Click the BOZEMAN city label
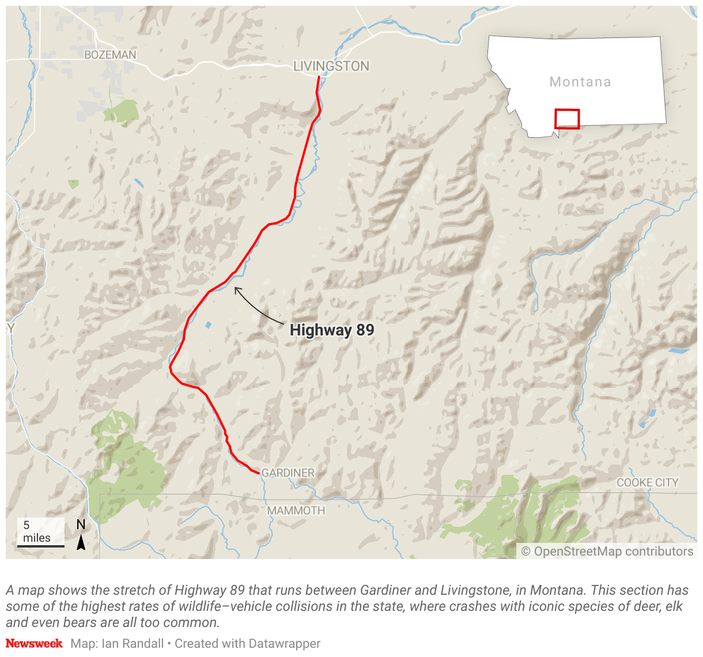(110, 55)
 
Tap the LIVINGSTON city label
(331, 66)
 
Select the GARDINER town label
(288, 473)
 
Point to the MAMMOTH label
(296, 511)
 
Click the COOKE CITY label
(648, 482)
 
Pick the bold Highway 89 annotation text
(332, 330)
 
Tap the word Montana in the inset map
(580, 82)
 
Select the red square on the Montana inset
(566, 119)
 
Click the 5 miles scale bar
(40, 545)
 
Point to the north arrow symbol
(81, 542)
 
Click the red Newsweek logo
(34, 643)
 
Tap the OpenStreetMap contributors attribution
(607, 552)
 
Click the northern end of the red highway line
(319, 77)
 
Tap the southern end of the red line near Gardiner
(258, 473)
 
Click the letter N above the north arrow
(81, 524)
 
